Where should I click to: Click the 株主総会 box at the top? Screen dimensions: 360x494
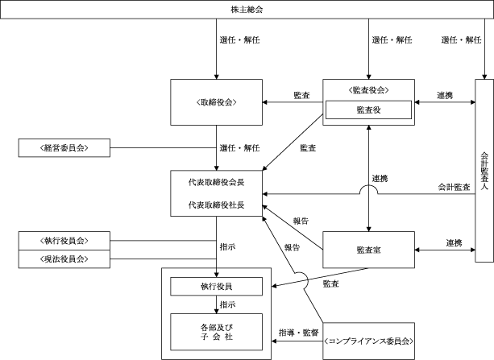pyautogui.click(x=247, y=10)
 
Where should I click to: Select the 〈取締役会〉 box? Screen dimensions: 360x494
pyautogui.click(x=217, y=101)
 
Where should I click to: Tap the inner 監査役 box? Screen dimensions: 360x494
pyautogui.click(x=368, y=110)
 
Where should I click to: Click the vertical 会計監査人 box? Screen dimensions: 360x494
pyautogui.click(x=484, y=169)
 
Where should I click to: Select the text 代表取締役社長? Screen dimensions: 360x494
pyautogui.click(x=217, y=205)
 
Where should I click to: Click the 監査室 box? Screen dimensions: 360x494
pyautogui.click(x=368, y=250)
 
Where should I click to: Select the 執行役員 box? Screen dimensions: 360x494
pyautogui.click(x=216, y=286)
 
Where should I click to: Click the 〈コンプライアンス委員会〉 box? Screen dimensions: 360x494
pyautogui.click(x=368, y=341)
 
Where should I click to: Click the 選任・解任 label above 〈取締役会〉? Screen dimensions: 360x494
pyautogui.click(x=239, y=39)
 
